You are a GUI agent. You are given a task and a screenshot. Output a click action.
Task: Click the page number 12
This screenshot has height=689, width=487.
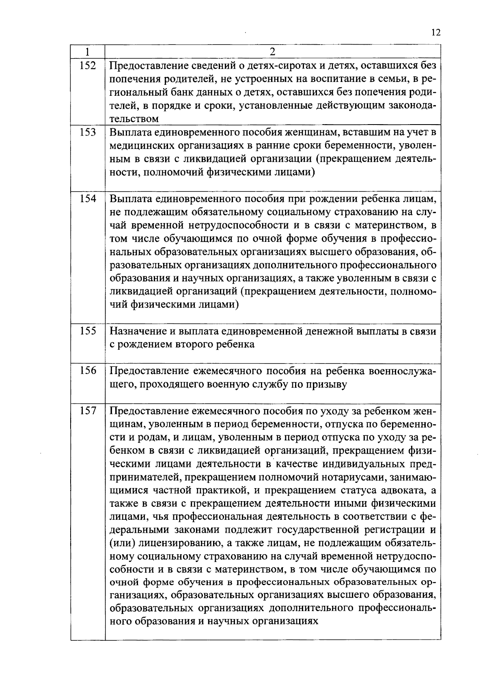(x=436, y=33)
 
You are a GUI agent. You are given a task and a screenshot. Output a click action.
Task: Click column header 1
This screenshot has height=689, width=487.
(x=87, y=52)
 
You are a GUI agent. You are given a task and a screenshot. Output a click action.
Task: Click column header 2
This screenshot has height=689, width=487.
(x=272, y=52)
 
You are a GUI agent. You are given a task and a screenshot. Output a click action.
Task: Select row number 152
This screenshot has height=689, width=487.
(x=87, y=65)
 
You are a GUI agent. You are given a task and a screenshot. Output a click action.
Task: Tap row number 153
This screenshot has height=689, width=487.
(x=87, y=132)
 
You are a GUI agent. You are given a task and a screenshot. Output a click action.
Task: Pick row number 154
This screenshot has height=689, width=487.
(x=87, y=198)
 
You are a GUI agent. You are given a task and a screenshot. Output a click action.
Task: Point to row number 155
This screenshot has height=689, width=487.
(x=87, y=331)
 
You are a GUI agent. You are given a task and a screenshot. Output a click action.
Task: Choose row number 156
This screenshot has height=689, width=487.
(x=87, y=370)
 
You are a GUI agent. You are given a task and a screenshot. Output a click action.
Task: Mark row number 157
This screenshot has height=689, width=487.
(x=87, y=410)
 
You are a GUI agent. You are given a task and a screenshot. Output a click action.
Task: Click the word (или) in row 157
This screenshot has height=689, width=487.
(x=121, y=543)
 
